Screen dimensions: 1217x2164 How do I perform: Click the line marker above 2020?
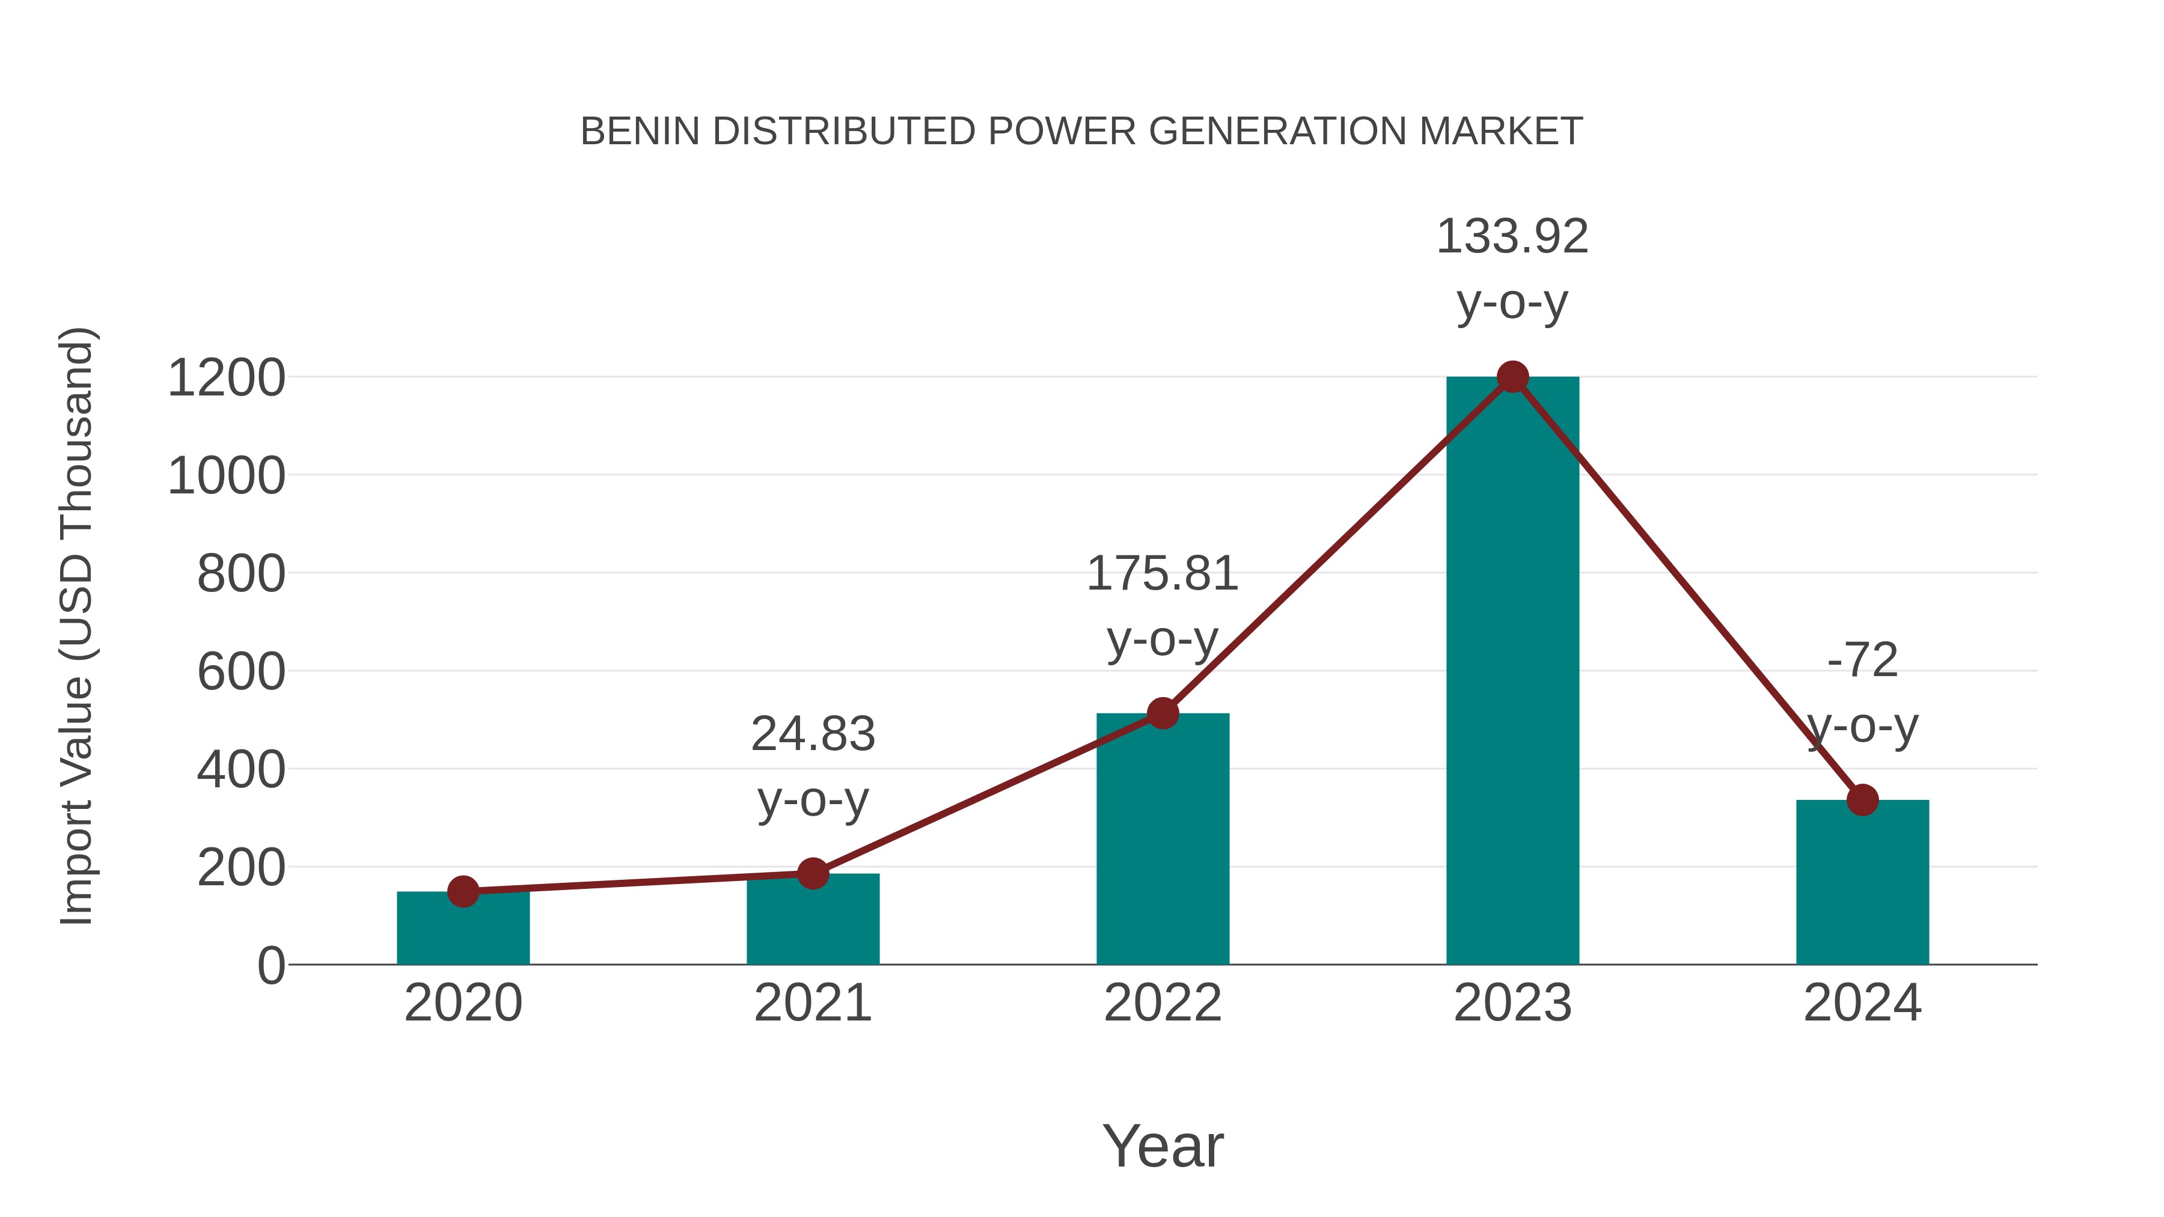[463, 891]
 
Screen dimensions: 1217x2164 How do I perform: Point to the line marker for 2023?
[1512, 377]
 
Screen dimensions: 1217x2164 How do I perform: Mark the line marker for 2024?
[1862, 799]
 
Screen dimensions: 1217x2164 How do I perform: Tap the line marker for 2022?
[1163, 713]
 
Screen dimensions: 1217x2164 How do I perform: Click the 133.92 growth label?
[1512, 237]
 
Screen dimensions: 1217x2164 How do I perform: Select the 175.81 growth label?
[1163, 575]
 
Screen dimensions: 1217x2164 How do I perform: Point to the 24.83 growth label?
[812, 734]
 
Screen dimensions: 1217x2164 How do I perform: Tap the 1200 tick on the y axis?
[226, 378]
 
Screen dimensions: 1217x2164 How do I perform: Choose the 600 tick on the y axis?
[241, 672]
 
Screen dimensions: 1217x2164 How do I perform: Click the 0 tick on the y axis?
[270, 965]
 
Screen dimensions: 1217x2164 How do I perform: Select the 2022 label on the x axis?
[1163, 1003]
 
